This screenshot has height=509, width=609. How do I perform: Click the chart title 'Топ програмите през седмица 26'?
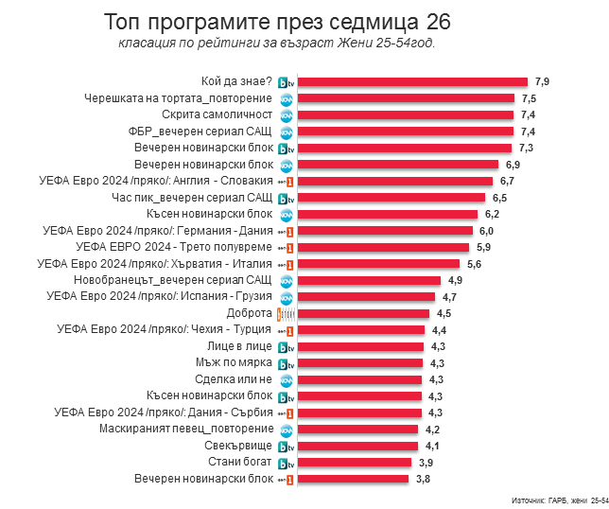coord(277,22)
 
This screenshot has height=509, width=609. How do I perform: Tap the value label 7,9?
coord(542,82)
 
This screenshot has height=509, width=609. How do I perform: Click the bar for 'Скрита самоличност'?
coord(408,114)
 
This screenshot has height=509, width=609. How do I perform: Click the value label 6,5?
coord(500,198)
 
